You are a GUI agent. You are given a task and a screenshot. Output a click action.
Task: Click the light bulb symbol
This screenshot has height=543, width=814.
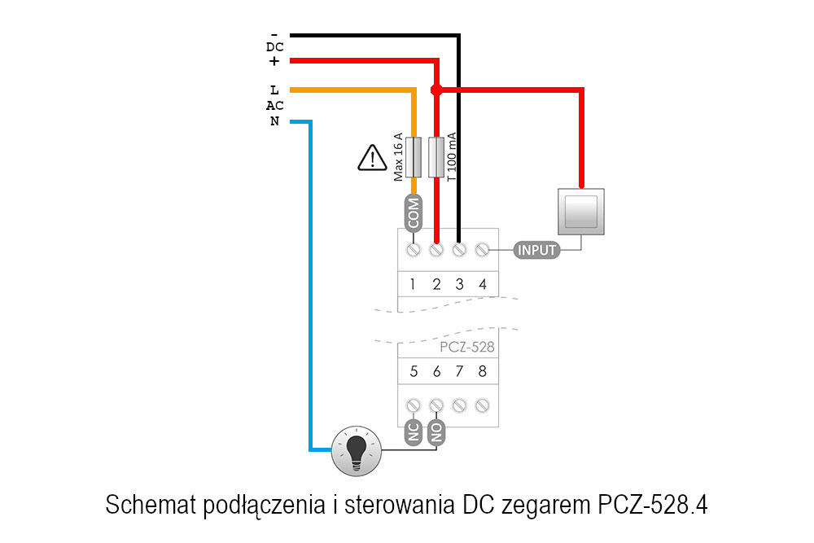point(357,449)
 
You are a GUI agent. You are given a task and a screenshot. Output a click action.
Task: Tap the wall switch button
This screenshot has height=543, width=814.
point(581,212)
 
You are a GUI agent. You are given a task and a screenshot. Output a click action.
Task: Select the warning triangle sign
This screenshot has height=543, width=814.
point(372,157)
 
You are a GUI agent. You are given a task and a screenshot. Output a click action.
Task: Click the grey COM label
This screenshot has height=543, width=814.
point(414,214)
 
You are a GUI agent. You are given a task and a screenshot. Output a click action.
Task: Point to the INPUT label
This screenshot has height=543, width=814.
point(537,250)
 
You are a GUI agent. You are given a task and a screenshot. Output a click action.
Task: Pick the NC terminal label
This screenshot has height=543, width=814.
point(414,432)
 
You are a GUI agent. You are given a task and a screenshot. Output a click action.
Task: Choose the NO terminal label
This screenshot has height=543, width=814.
point(437,432)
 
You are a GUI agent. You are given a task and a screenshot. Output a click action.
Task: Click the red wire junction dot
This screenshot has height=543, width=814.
point(436,90)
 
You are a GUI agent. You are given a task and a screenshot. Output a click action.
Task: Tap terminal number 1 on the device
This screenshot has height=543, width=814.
point(414,284)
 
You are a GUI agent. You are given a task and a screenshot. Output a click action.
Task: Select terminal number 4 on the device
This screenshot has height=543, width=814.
point(483,284)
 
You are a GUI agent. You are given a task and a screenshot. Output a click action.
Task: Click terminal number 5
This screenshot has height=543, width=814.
point(414,371)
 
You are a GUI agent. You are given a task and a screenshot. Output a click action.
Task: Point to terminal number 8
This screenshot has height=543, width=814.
point(483,371)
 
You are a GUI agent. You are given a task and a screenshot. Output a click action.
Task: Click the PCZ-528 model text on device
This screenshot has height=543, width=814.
point(466,347)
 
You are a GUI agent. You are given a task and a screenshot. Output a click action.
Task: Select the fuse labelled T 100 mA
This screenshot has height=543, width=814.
point(436,157)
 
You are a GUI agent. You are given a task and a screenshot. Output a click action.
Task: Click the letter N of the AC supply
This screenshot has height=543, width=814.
point(274,122)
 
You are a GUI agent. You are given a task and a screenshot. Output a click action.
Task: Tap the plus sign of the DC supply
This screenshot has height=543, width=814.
point(274,61)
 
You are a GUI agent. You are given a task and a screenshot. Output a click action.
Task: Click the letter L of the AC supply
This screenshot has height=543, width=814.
point(274,90)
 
